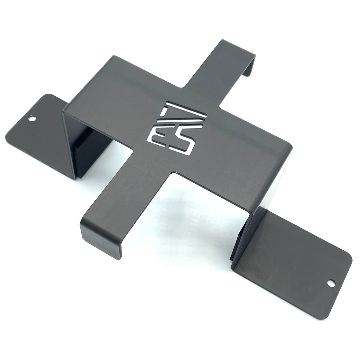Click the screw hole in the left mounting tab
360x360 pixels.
[32, 119]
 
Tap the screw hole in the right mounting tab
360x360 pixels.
[331, 283]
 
